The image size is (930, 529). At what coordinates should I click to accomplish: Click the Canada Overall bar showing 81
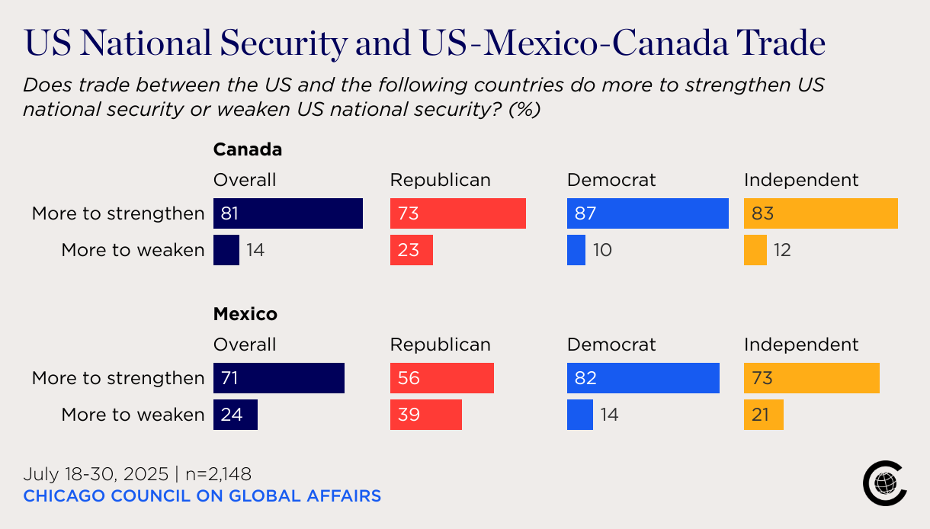pyautogui.click(x=288, y=213)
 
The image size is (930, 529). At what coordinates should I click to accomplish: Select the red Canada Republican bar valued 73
pyautogui.click(x=458, y=213)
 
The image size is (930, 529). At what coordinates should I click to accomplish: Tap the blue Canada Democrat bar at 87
pyautogui.click(x=648, y=213)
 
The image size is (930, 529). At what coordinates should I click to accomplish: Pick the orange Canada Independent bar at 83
pyautogui.click(x=821, y=213)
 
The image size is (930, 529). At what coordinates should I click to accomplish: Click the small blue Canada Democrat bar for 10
pyautogui.click(x=576, y=250)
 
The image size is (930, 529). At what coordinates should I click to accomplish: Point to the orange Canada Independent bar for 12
pyautogui.click(x=755, y=250)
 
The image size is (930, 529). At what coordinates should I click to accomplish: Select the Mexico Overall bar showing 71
pyautogui.click(x=279, y=378)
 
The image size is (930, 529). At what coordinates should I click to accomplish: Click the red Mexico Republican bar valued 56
pyautogui.click(x=442, y=378)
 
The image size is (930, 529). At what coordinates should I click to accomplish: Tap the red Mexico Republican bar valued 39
pyautogui.click(x=426, y=415)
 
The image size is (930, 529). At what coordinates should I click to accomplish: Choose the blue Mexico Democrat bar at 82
pyautogui.click(x=643, y=378)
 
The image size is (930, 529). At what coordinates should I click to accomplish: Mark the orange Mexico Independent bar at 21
pyautogui.click(x=764, y=415)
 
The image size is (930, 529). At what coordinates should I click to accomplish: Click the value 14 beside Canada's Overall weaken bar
pyautogui.click(x=255, y=250)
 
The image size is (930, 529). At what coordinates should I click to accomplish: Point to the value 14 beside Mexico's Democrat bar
pyautogui.click(x=609, y=415)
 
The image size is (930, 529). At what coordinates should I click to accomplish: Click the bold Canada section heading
pyautogui.click(x=248, y=149)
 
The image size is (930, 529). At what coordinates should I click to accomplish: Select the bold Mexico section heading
pyautogui.click(x=245, y=314)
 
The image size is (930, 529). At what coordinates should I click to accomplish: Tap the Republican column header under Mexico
pyautogui.click(x=441, y=345)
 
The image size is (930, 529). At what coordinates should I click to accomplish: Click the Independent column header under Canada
pyautogui.click(x=801, y=180)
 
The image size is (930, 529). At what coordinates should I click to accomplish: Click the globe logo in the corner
pyautogui.click(x=885, y=483)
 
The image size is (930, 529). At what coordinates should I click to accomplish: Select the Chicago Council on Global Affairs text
pyautogui.click(x=202, y=496)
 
